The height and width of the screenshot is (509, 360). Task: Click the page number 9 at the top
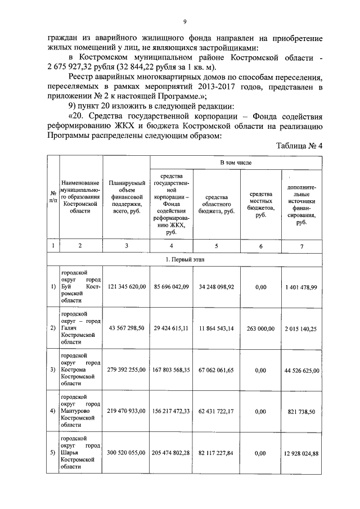184,22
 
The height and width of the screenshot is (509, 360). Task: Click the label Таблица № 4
299,146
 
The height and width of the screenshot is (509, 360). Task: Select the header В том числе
236,163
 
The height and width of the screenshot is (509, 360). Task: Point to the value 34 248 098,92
216,286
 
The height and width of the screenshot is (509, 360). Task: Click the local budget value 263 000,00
260,328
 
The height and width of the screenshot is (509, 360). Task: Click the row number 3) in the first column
53,370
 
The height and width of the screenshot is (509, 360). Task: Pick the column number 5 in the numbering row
216,245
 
